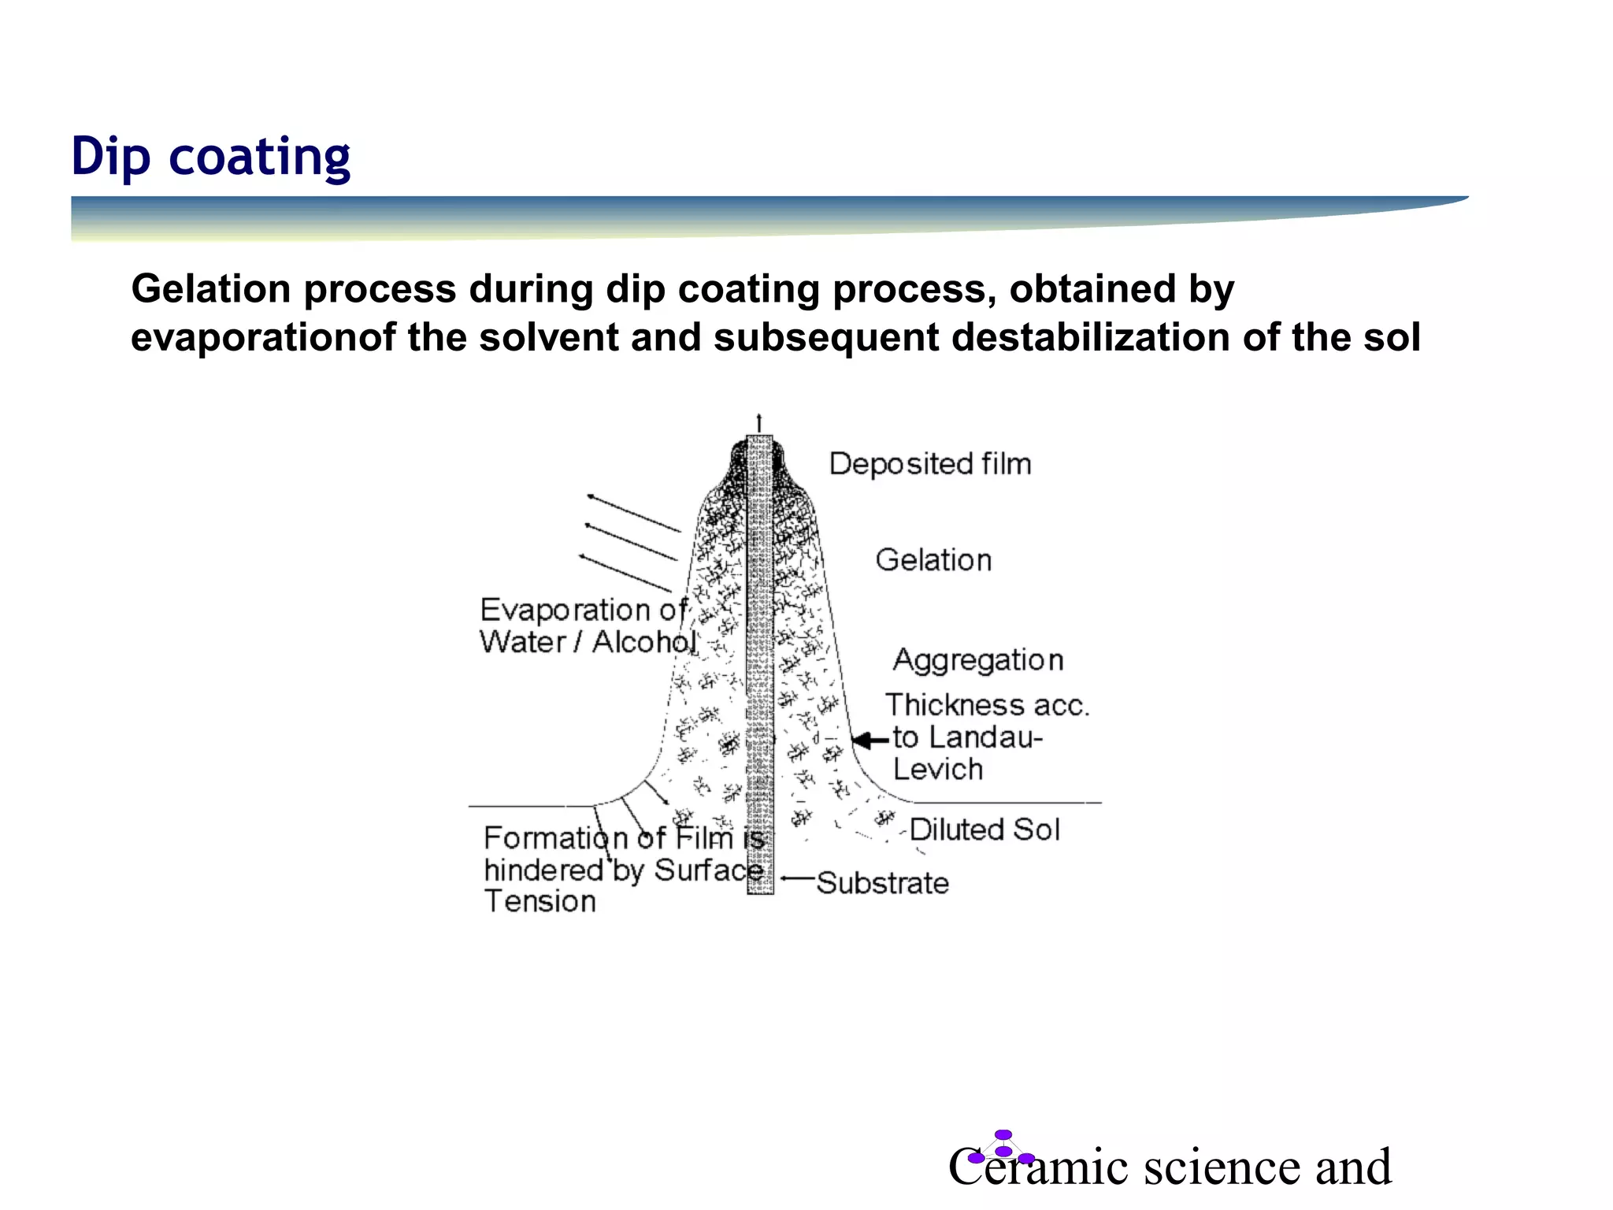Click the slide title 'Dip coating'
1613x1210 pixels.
210,156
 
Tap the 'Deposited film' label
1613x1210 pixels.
929,464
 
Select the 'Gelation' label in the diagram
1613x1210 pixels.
933,560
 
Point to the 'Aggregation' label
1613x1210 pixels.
978,660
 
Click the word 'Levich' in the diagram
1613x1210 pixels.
938,769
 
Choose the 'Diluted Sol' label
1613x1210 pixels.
984,830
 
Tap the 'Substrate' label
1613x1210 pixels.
882,883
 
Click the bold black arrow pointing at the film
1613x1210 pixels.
870,740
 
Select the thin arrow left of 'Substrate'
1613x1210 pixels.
797,878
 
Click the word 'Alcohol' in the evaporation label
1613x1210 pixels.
644,642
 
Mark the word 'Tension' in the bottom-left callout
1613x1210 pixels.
540,901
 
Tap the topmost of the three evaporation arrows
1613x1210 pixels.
633,513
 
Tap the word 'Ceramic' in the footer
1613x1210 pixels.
1040,1167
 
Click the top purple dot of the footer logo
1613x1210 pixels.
1003,1134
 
